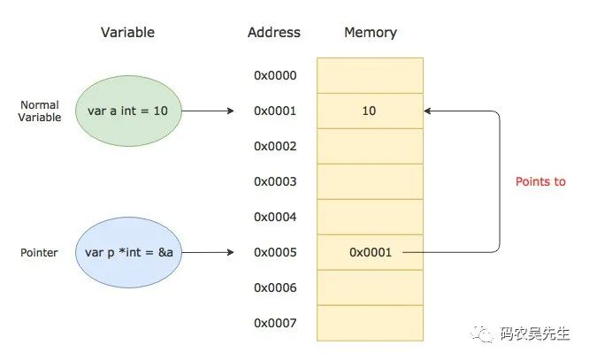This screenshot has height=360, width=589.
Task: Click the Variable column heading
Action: coord(127,33)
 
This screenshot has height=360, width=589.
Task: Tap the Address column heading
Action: coord(274,33)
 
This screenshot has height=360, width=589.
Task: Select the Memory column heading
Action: coord(371,33)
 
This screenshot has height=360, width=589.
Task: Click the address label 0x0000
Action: coord(275,75)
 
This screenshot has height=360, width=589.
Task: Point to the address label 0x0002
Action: coord(275,146)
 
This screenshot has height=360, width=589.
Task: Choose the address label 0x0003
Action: coord(275,181)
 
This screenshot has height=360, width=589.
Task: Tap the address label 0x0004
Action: coord(275,217)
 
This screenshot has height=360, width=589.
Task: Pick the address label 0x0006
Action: coord(275,287)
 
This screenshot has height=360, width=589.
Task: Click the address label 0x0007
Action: coord(275,323)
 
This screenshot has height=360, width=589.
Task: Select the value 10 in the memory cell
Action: coord(369,111)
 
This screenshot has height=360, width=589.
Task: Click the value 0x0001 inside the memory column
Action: coord(371,252)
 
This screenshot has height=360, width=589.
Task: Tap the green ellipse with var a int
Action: coord(128,111)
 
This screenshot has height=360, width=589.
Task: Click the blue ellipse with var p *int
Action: coord(128,252)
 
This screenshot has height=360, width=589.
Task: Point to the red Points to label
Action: coord(540,181)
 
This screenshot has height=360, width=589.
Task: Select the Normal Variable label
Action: coord(40,111)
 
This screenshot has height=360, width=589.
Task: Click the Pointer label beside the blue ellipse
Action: coord(39,252)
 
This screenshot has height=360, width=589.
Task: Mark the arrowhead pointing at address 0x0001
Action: coord(230,111)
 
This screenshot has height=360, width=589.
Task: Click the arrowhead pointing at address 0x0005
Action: coord(230,252)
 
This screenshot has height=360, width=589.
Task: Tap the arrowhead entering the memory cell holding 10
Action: coord(427,111)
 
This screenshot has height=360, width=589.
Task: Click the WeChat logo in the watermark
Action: coord(482,333)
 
